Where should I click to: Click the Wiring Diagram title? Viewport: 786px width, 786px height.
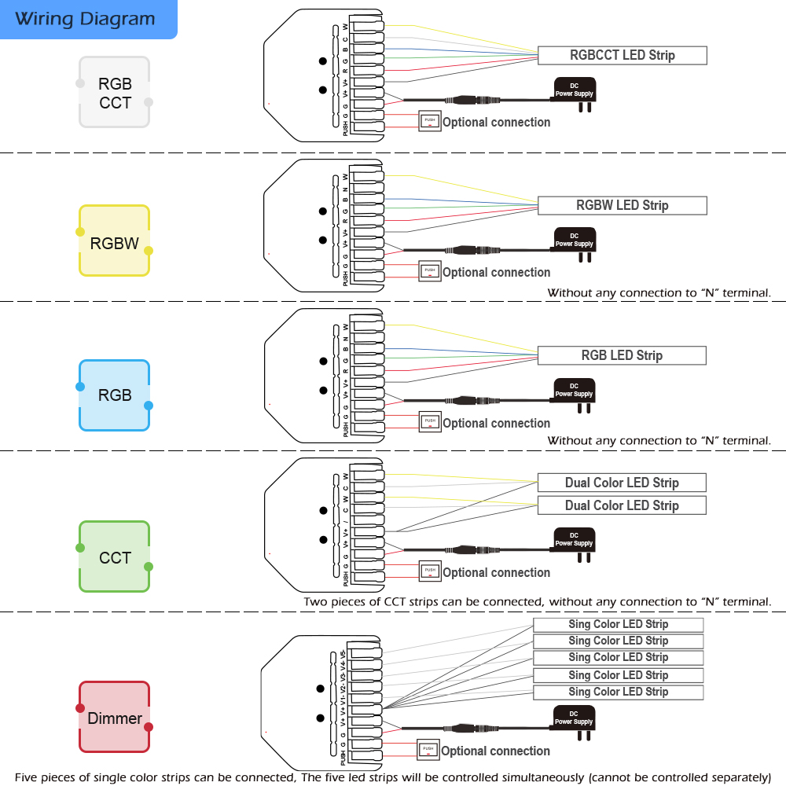pos(85,19)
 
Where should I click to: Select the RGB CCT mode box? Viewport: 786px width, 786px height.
pos(115,92)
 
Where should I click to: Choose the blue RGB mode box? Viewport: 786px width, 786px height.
pos(115,395)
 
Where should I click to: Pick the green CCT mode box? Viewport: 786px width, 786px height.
pos(115,557)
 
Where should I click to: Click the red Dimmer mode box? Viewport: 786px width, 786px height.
pos(115,718)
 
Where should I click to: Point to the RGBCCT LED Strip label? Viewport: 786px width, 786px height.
pos(623,55)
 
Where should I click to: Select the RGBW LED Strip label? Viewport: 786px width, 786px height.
pos(623,205)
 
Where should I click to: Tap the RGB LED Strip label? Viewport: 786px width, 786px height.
pos(622,355)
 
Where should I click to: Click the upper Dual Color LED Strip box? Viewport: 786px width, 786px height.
pos(622,483)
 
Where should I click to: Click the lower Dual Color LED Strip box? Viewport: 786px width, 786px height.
pos(622,505)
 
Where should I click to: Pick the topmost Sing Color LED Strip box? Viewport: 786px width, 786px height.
pos(618,624)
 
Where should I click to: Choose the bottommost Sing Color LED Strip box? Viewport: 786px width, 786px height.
pos(618,692)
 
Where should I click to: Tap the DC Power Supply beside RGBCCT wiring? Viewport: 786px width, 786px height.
pos(575,91)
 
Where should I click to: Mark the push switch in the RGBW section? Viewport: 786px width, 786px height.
pos(429,271)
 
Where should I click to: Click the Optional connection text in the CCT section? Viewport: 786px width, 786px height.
pos(496,572)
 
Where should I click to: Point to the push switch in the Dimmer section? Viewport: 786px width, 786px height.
pos(428,750)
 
